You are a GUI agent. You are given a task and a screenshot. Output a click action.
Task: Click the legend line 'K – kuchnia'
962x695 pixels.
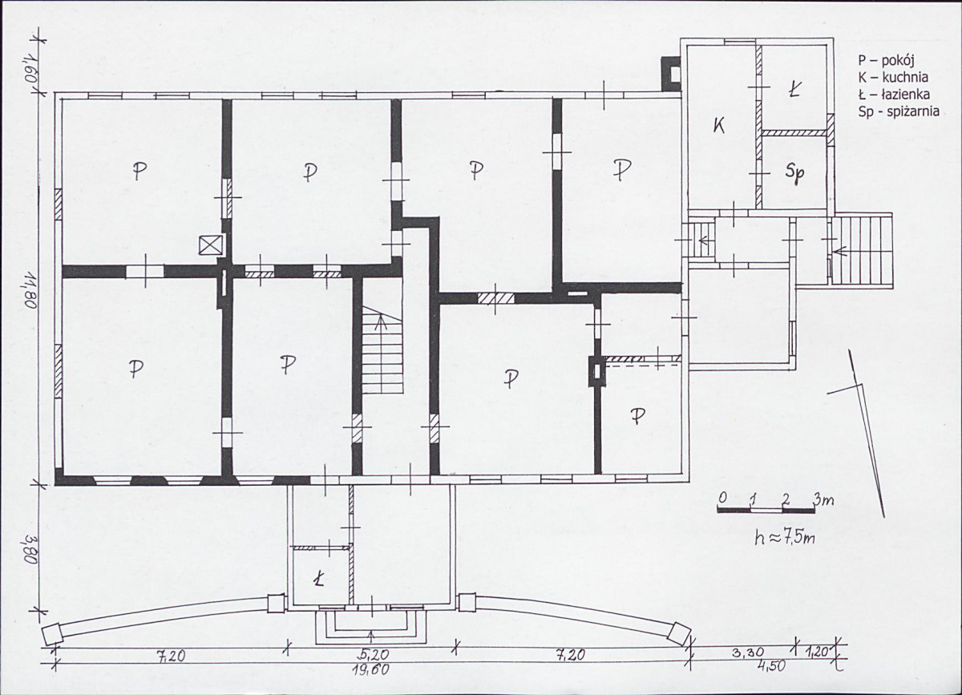pyautogui.click(x=893, y=77)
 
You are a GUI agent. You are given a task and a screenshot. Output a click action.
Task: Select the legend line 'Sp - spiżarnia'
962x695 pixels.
pyautogui.click(x=899, y=111)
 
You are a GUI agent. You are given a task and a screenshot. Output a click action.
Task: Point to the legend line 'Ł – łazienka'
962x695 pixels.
pyautogui.click(x=894, y=94)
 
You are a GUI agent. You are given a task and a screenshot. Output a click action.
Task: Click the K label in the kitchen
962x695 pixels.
pyautogui.click(x=718, y=126)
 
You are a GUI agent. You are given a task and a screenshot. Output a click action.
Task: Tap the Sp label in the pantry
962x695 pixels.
pyautogui.click(x=794, y=173)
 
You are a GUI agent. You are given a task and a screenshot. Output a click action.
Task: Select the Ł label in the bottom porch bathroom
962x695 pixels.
pyautogui.click(x=318, y=580)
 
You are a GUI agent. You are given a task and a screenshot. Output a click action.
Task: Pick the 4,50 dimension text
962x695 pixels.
pyautogui.click(x=771, y=666)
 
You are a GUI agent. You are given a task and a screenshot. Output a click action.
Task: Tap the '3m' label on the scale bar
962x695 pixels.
pyautogui.click(x=823, y=500)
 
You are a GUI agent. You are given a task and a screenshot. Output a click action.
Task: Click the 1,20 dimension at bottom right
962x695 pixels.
pyautogui.click(x=816, y=653)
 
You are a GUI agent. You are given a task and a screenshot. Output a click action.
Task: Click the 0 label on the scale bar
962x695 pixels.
pyautogui.click(x=722, y=499)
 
